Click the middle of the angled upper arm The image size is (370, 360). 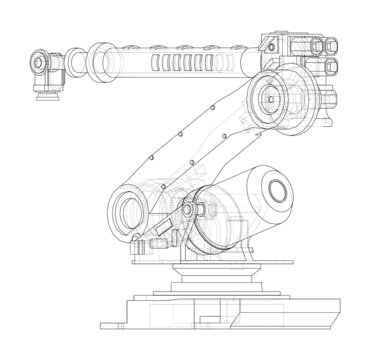point(185,150)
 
